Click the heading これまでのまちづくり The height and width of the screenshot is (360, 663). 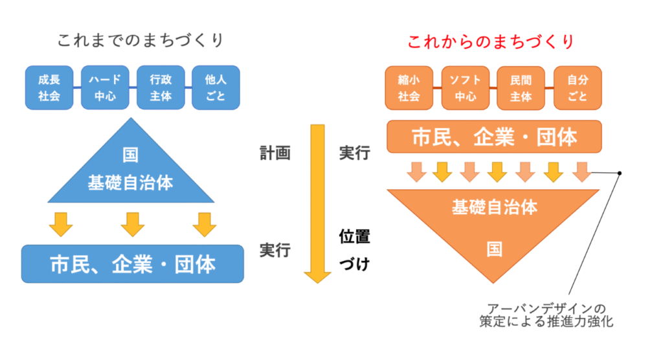(x=140, y=41)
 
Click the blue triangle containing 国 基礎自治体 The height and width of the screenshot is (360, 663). (x=131, y=172)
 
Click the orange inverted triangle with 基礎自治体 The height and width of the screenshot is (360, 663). (x=494, y=227)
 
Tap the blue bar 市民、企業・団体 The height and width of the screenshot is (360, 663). (x=133, y=264)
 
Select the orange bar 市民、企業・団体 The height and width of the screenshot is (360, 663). (x=495, y=137)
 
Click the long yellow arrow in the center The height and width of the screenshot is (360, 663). (x=317, y=201)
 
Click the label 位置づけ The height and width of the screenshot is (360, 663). (x=354, y=250)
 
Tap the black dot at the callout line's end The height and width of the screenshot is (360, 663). (x=620, y=173)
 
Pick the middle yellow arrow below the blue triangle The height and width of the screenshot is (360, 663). (x=132, y=224)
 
